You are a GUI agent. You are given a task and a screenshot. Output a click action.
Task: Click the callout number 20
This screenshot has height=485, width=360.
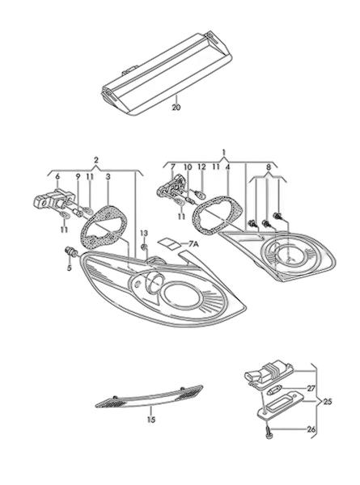pyautogui.click(x=176, y=108)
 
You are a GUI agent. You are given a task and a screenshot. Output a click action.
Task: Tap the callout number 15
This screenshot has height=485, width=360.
pyautogui.click(x=151, y=420)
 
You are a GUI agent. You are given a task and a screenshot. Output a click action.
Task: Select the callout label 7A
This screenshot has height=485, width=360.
pyautogui.click(x=193, y=245)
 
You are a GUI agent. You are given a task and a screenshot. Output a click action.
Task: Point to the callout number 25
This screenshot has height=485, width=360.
pyautogui.click(x=327, y=402)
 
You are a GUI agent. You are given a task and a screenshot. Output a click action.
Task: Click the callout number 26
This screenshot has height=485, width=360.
pyautogui.click(x=311, y=429)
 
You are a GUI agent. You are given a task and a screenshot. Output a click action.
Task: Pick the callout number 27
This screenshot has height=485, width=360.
pyautogui.click(x=311, y=388)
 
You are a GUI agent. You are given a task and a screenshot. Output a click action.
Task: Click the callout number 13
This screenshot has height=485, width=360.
pyautogui.click(x=144, y=233)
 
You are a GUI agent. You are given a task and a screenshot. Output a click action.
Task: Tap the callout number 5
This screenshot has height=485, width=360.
pyautogui.click(x=69, y=268)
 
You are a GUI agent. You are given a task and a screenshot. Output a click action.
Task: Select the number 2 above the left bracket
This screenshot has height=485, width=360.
pyautogui.click(x=96, y=160)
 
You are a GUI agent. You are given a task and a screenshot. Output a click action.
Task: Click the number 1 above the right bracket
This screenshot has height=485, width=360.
pyautogui.click(x=224, y=152)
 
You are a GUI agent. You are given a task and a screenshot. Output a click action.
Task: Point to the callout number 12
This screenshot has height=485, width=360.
pyautogui.click(x=201, y=167)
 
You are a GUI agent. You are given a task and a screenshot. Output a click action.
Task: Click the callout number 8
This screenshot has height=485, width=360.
pyautogui.click(x=269, y=167)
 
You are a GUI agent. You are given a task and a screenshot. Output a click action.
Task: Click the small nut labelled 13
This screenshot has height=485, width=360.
pyautogui.click(x=144, y=247)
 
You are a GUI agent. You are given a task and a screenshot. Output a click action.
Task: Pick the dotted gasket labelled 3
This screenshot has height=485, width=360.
pyautogui.click(x=104, y=226)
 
